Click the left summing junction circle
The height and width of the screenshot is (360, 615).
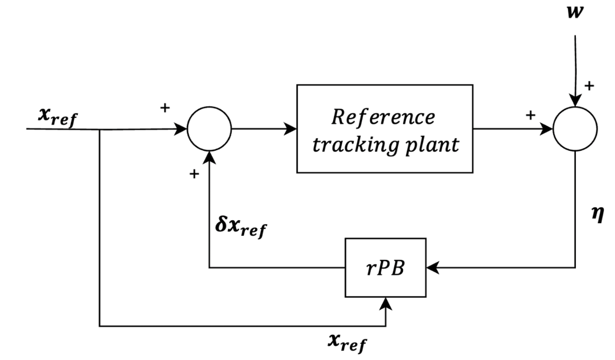[209, 129]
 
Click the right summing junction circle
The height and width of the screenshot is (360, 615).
[575, 129]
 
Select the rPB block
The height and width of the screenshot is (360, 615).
[385, 267]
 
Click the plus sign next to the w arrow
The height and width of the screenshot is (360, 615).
[589, 86]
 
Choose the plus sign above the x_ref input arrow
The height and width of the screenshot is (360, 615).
[165, 108]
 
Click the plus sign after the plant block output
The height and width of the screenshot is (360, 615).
[530, 116]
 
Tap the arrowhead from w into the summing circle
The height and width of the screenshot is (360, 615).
[576, 101]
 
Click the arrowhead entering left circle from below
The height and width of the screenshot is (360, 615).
[209, 157]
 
